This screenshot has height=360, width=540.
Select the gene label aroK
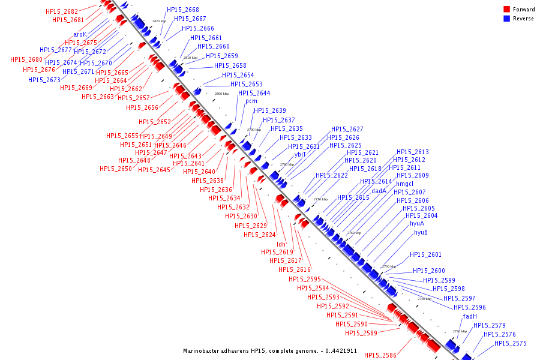click(80, 35)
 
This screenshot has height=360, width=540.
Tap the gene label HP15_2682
click(62, 11)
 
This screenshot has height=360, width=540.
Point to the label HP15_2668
click(183, 10)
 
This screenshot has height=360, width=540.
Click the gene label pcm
click(251, 101)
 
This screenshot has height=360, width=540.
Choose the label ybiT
click(300, 154)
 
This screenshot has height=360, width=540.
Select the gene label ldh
click(281, 244)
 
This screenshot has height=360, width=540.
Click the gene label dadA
click(379, 191)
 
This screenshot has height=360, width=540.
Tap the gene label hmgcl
click(405, 184)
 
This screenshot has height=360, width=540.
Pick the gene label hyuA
click(417, 223)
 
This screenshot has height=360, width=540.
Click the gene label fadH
click(470, 316)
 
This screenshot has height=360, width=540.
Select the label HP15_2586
click(380, 355)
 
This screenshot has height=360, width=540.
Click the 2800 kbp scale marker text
click(221, 94)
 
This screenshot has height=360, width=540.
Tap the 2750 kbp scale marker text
click(389, 266)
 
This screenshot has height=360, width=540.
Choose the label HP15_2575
click(511, 343)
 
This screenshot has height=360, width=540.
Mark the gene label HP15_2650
click(116, 169)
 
